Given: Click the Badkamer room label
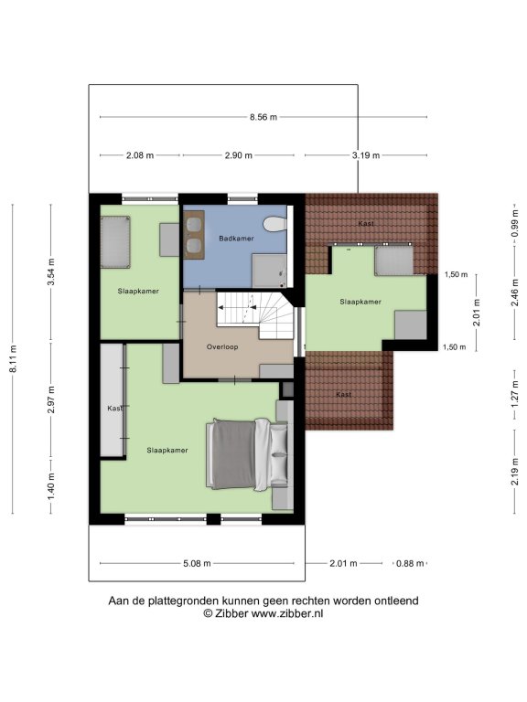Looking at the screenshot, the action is click(x=236, y=239).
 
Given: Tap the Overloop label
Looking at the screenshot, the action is click(x=222, y=347).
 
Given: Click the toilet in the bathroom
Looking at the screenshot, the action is click(x=274, y=224).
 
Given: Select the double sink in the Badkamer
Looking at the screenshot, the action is click(x=194, y=235).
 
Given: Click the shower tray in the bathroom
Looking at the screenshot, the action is click(x=269, y=271).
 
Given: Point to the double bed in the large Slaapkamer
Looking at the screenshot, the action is click(x=247, y=454).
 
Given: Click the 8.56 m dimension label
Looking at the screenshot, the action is click(x=263, y=117).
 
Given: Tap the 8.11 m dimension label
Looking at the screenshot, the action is click(x=13, y=358).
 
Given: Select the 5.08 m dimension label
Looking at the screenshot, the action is click(x=197, y=564).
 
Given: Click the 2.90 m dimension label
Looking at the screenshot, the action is click(x=239, y=155).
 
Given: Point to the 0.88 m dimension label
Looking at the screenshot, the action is click(x=410, y=564).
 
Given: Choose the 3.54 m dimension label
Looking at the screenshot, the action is click(x=51, y=271).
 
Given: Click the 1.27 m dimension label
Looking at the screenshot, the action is click(x=514, y=391).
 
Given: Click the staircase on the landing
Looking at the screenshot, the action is click(x=255, y=314).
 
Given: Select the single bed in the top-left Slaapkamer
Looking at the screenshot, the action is click(x=115, y=242).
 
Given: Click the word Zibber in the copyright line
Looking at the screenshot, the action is click(x=231, y=613).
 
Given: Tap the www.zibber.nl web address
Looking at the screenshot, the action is click(x=286, y=613).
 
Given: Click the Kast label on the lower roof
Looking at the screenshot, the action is click(x=344, y=395).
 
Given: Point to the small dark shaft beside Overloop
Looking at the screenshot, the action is click(x=286, y=389).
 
